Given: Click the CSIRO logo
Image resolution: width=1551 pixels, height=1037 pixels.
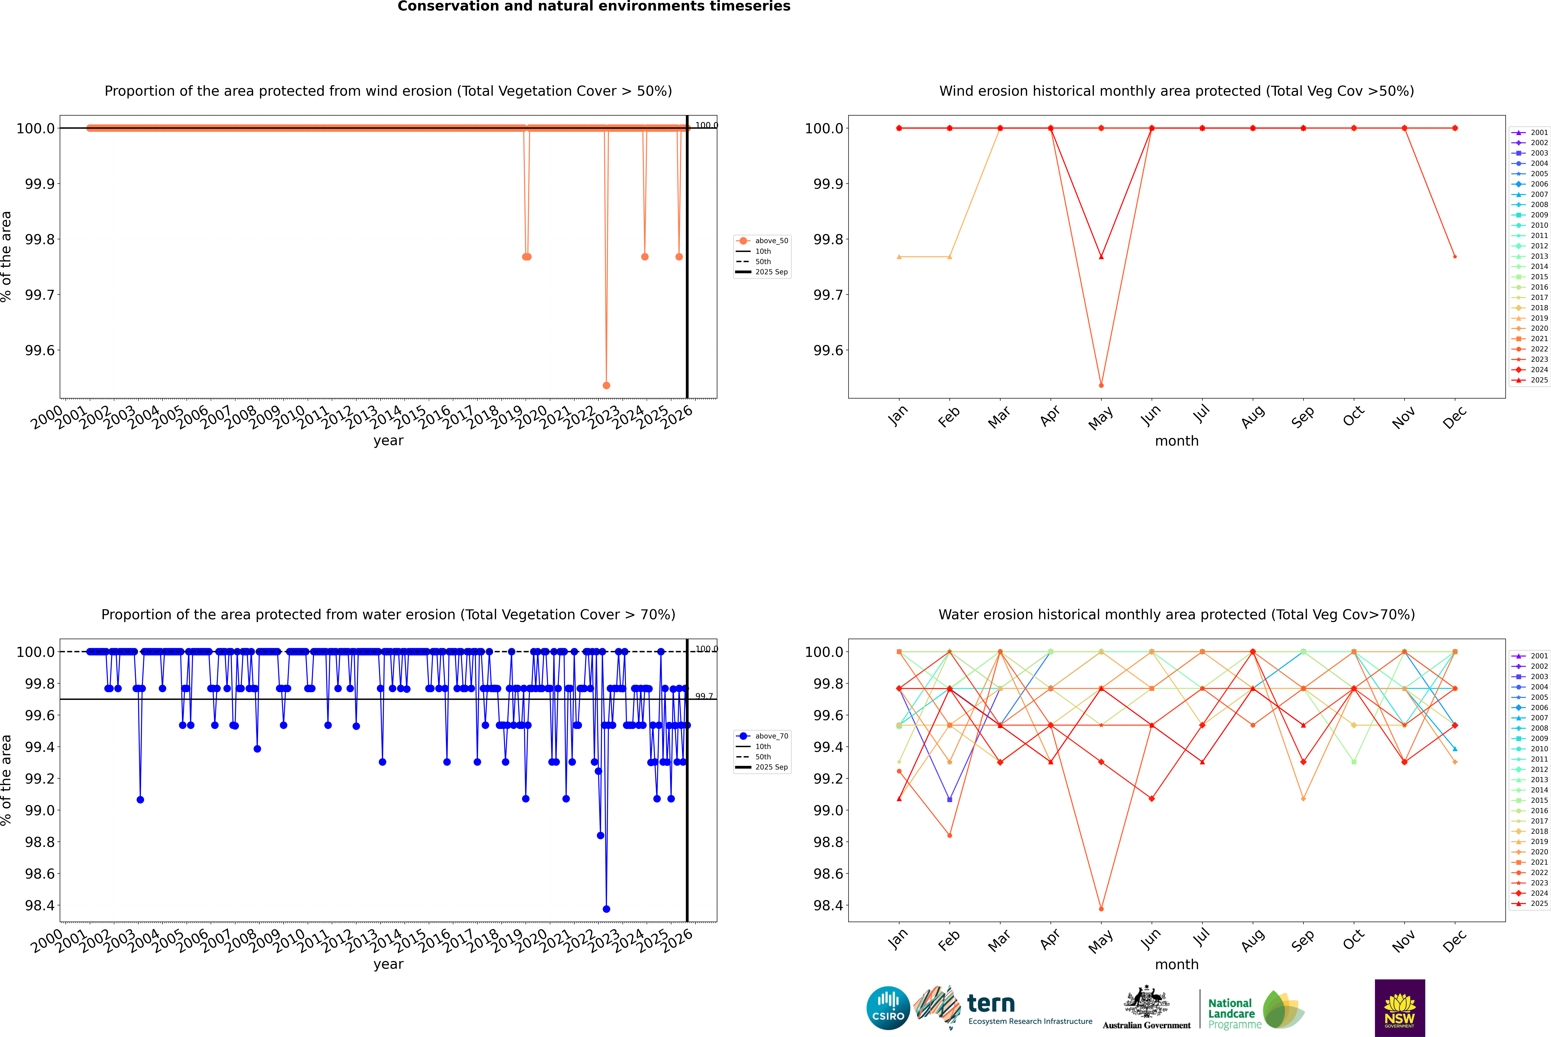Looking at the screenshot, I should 888,1008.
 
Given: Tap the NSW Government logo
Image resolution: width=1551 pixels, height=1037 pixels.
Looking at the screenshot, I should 1400,1008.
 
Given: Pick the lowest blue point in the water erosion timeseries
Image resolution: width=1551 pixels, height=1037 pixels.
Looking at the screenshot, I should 606,909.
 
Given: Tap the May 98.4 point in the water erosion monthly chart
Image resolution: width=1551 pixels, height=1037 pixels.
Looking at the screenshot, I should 1101,909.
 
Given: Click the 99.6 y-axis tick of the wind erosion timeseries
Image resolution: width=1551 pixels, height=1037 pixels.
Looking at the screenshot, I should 40,351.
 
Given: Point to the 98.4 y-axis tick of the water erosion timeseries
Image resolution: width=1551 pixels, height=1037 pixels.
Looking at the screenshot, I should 40,905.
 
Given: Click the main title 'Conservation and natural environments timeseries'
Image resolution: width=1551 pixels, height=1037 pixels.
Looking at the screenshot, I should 594,7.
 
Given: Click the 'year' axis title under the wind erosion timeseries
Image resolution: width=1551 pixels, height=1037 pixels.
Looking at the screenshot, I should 388,441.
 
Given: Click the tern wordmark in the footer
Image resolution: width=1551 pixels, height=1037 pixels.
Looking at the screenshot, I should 990,1004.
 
